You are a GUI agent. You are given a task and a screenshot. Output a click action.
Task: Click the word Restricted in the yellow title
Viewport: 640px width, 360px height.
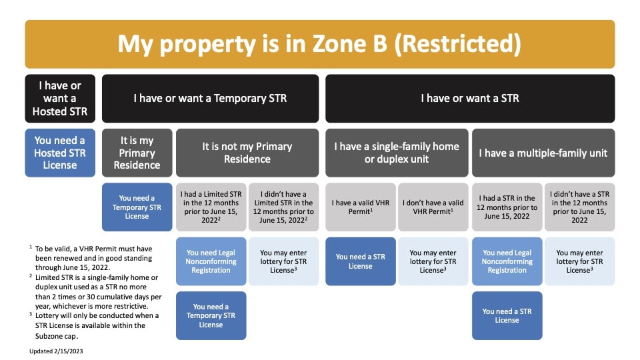coord(457,44)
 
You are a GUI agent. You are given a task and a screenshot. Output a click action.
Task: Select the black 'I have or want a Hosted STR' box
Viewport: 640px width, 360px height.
coord(60,99)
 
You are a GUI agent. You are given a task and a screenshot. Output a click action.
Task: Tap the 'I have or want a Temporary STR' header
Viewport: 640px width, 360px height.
coord(210,99)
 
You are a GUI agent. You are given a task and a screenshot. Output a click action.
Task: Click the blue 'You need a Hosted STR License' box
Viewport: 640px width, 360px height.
coord(60,153)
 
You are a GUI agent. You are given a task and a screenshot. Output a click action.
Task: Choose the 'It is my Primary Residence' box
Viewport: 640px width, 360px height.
coord(137,153)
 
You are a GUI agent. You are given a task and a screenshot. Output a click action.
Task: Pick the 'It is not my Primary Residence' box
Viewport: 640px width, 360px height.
coord(247,153)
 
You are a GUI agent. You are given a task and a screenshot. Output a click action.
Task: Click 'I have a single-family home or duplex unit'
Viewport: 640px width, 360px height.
coord(397,153)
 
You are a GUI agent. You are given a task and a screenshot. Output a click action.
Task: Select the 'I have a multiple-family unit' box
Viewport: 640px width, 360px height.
coord(543,153)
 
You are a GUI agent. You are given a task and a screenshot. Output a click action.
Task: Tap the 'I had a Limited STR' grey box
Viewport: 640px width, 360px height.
coord(211,207)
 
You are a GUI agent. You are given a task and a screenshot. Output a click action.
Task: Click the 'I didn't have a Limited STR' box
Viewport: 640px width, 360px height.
coord(284,207)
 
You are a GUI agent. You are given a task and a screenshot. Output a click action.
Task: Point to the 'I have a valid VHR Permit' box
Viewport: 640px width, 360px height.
coord(361,207)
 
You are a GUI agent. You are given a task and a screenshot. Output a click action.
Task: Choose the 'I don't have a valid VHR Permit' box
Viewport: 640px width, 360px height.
coord(433,207)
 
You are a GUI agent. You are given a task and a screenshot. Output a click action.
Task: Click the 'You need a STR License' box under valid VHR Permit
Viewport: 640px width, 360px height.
coord(361,261)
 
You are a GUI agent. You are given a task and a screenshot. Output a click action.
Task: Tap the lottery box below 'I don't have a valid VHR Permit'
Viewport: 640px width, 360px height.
coord(433,261)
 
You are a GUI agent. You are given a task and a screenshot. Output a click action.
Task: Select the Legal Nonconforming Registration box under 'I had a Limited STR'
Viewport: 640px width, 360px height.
coord(211,261)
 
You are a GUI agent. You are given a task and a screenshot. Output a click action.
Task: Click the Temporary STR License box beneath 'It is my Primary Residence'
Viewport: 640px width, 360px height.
coord(137,207)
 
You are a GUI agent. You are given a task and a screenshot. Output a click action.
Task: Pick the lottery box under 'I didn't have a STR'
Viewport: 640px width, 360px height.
coord(579,261)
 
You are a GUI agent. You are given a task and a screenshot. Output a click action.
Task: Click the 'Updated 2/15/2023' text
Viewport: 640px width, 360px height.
coord(56,351)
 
